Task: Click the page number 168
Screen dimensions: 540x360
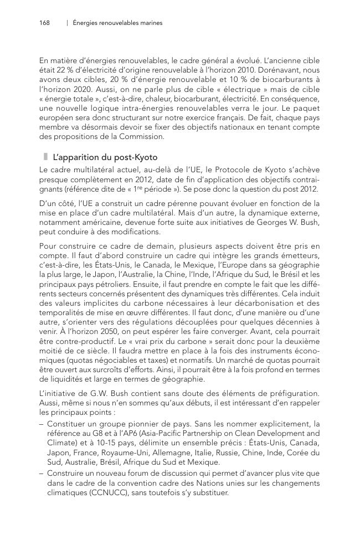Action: (x=44, y=23)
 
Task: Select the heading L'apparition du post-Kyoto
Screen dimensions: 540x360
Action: (x=105, y=158)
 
